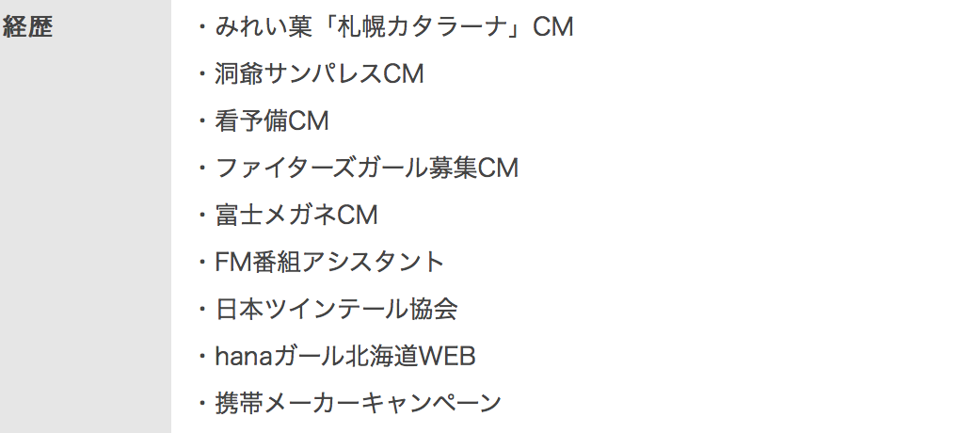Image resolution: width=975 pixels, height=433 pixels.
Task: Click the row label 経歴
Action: point(27,27)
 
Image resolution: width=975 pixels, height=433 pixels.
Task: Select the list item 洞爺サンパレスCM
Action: point(320,74)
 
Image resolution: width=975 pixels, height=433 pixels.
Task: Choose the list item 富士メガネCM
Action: point(296,216)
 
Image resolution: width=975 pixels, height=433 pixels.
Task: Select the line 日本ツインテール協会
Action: point(336,310)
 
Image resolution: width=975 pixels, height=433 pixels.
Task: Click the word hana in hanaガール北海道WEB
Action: point(242,357)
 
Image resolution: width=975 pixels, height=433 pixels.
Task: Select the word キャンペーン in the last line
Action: point(432,404)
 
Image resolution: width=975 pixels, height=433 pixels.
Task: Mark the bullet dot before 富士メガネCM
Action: point(201,216)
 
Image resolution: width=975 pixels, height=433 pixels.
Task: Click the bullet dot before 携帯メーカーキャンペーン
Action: point(201,404)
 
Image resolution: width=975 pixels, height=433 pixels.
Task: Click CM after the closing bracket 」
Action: point(552,27)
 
